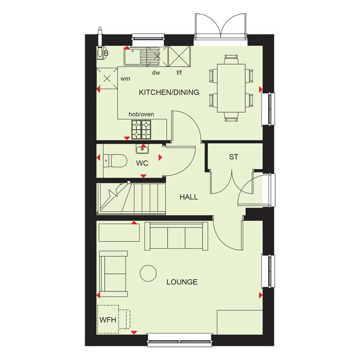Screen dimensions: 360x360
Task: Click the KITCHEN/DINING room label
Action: tap(169, 92)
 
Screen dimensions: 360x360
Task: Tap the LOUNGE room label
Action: tap(182, 282)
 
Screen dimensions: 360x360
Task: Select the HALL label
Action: tap(189, 197)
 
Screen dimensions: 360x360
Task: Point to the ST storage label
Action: tap(233, 157)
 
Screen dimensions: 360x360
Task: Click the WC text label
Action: tap(142, 163)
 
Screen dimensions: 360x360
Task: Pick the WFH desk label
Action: tap(108, 319)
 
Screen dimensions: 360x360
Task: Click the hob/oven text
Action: tap(141, 115)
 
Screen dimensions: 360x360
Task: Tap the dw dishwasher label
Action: tap(156, 73)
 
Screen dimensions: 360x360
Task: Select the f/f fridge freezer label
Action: tap(180, 73)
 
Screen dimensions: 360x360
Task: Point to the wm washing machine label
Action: tap(125, 79)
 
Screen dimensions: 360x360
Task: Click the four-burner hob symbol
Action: tap(141, 127)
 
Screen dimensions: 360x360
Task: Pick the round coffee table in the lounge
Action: tap(149, 274)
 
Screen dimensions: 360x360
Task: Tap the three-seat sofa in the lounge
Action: tap(176, 236)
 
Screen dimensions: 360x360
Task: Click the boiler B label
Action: tap(106, 54)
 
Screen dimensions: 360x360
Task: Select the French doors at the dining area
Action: tap(220, 26)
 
